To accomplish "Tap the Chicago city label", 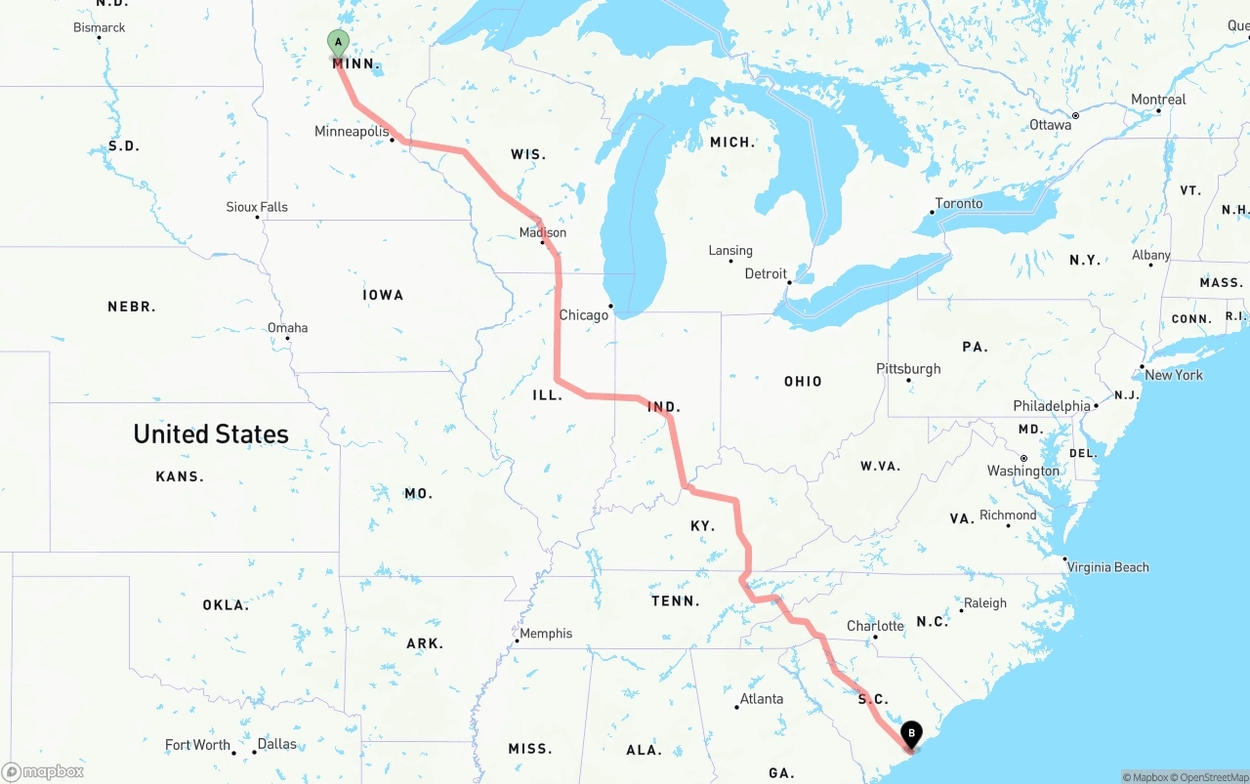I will click(x=584, y=315).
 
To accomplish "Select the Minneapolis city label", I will click(x=352, y=132).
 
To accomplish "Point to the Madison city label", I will click(x=543, y=233).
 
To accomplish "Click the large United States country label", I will click(x=211, y=434).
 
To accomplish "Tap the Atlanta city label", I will click(x=762, y=699).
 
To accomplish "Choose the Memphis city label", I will click(x=546, y=634).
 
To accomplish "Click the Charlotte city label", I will click(x=875, y=626).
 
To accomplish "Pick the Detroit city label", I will click(x=766, y=274).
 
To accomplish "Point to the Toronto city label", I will click(x=959, y=203).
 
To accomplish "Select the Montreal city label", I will click(x=1158, y=100).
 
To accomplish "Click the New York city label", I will click(x=1174, y=375).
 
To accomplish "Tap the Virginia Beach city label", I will click(x=1107, y=567).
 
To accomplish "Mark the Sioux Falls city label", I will click(x=257, y=207).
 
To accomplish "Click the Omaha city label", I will click(x=288, y=328).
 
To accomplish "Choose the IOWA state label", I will click(x=383, y=295).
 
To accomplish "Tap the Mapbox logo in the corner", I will click(x=43, y=772).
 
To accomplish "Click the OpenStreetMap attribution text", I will click(x=1212, y=777).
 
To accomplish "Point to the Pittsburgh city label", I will click(x=908, y=369).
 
